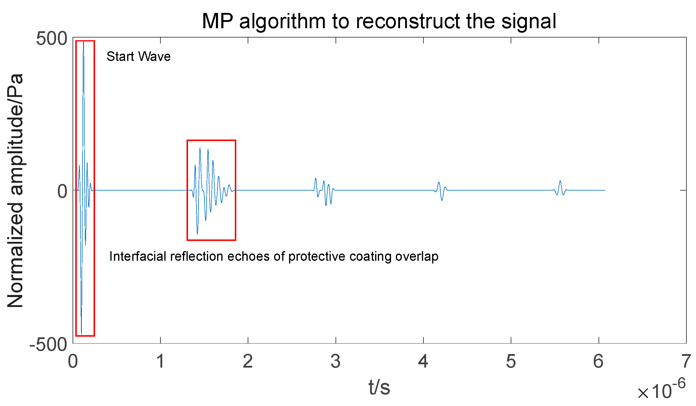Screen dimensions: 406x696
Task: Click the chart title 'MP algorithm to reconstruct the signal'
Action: pos(379,21)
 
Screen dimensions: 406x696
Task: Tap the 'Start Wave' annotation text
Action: pos(139,56)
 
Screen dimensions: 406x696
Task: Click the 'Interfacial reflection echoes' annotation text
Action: pos(273,256)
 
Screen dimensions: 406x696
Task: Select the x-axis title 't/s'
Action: pos(379,387)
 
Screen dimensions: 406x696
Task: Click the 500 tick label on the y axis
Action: pos(52,39)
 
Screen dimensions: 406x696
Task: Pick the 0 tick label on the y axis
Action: pos(62,191)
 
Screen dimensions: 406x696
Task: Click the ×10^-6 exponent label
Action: pos(662,390)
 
